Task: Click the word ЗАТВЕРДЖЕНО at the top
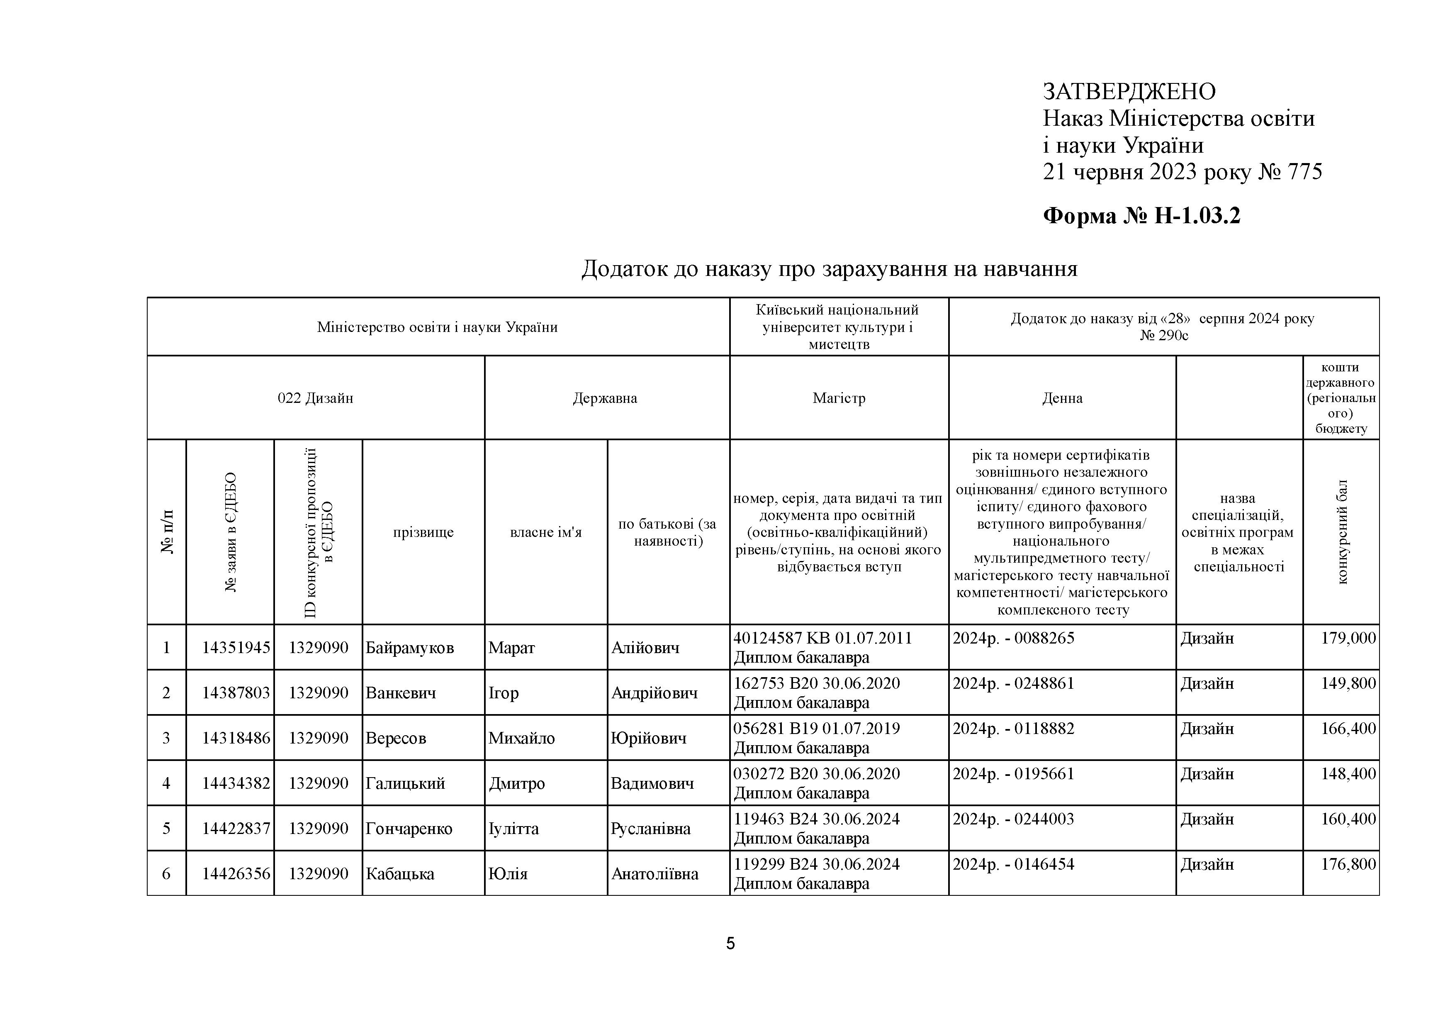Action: [1129, 92]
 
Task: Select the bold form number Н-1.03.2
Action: [1197, 216]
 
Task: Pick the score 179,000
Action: [1348, 638]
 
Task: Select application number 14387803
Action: [236, 693]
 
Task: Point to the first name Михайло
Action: [521, 738]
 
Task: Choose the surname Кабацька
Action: [400, 874]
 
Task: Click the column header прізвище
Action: [423, 532]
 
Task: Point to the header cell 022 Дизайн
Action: [316, 398]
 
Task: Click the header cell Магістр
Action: [839, 398]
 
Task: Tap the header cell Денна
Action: [1062, 398]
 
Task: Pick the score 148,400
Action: [1348, 773]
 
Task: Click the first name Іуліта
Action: [513, 829]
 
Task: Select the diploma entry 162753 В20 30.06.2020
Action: [816, 683]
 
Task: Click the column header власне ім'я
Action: [546, 532]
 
